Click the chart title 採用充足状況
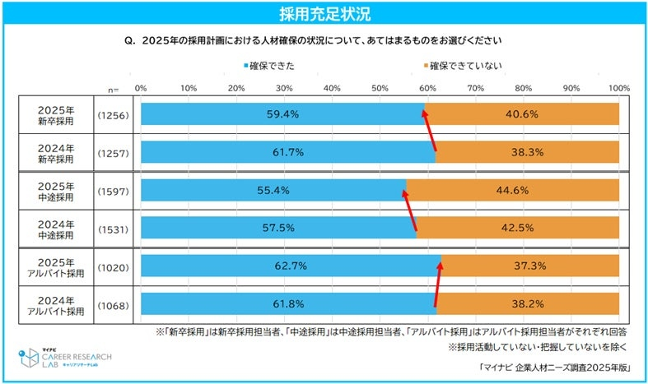point(324,13)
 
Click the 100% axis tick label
point(618,86)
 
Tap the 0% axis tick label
point(141,86)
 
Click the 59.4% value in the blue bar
point(282,114)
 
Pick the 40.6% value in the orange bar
point(523,114)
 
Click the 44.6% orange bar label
point(514,190)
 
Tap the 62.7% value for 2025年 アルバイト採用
point(291,266)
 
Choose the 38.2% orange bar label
point(529,303)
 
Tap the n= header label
point(114,87)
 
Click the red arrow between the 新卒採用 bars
point(430,132)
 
